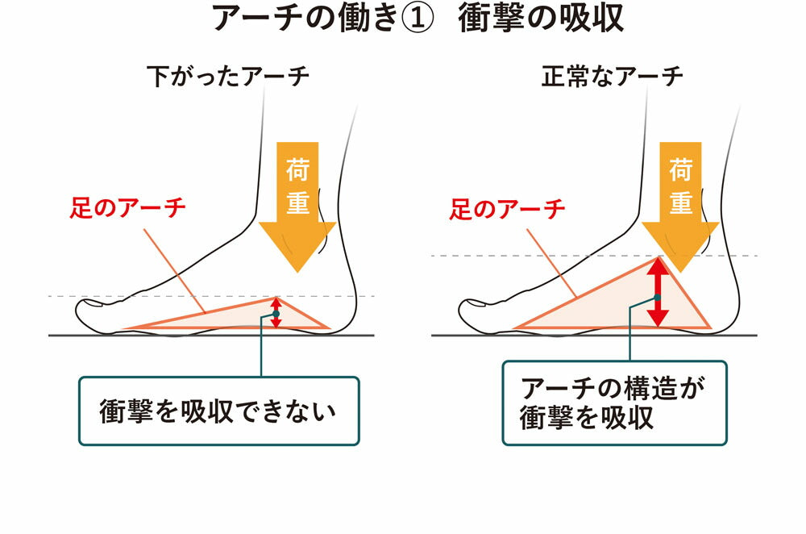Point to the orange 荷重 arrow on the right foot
[x=681, y=202]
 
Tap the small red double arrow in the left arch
[x=276, y=312]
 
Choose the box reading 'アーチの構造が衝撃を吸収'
[x=614, y=403]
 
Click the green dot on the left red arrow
[x=276, y=314]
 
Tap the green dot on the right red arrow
[x=659, y=298]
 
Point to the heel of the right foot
[x=725, y=315]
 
